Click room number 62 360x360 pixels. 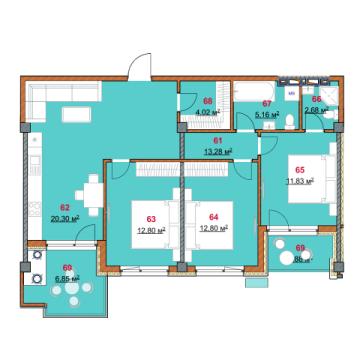64,208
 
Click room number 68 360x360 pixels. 207,101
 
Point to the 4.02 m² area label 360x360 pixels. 207,113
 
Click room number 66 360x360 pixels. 315,99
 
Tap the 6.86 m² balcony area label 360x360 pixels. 68,281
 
